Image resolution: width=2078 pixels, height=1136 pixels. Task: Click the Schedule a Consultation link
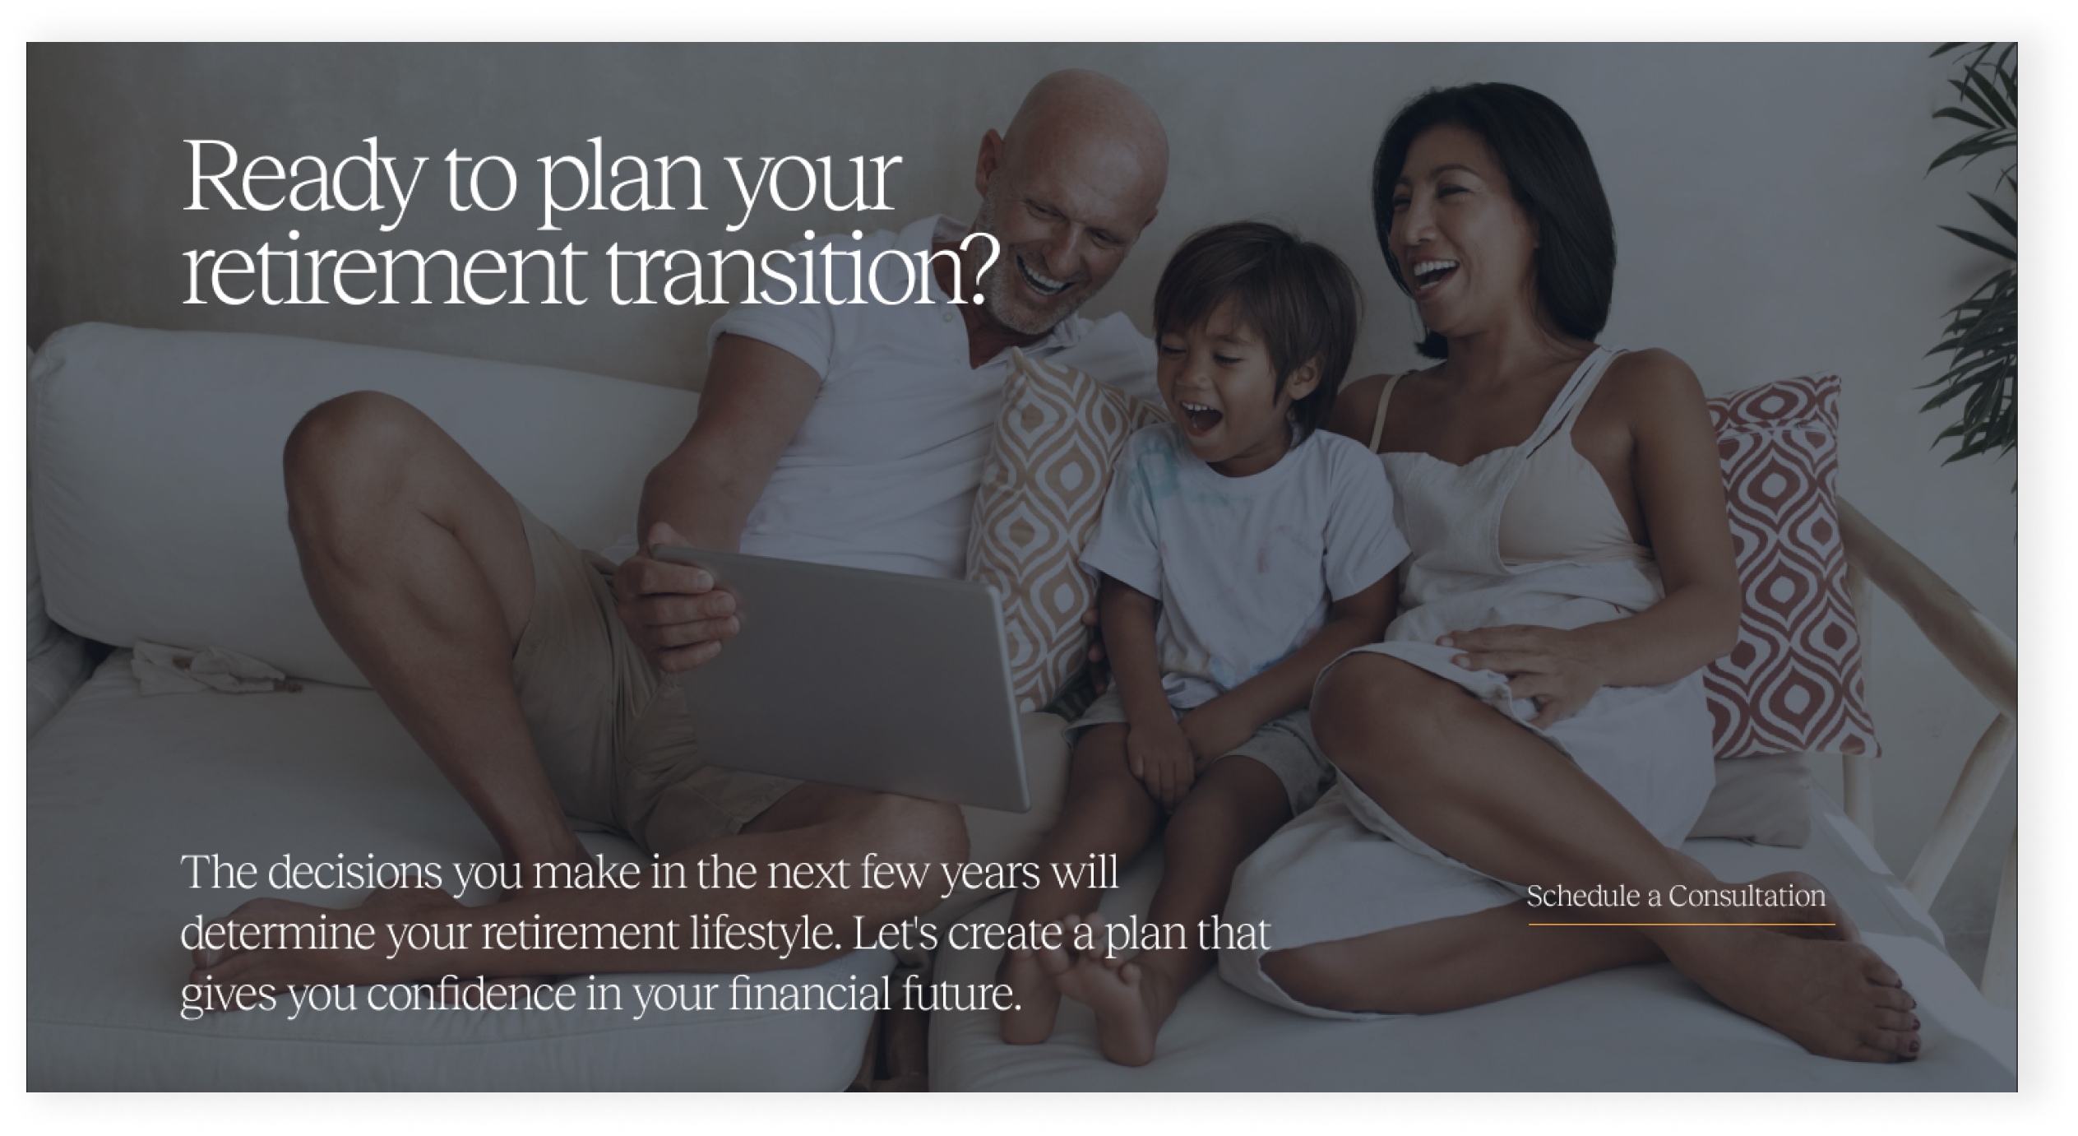click(1675, 896)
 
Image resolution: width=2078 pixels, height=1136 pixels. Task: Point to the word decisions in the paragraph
click(355, 873)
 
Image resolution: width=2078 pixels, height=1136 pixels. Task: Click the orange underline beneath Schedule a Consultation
click(1681, 925)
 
